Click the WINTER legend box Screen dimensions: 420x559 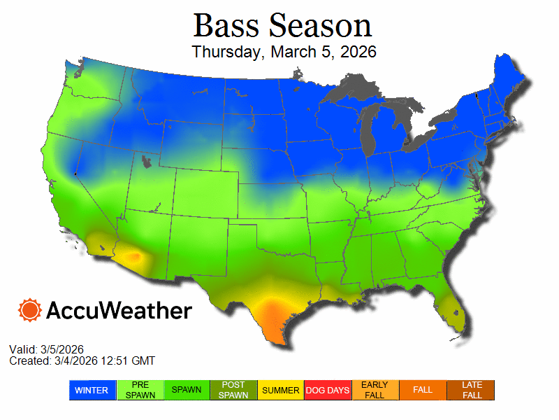coord(91,391)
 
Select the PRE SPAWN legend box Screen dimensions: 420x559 coord(140,391)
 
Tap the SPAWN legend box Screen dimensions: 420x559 coord(187,391)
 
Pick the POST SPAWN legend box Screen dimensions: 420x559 coord(234,391)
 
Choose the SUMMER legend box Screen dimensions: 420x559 coord(281,391)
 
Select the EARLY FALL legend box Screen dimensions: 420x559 coord(375,391)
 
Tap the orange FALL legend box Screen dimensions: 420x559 coord(423,391)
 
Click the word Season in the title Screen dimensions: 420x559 coord(320,27)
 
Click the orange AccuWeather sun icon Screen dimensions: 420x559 coord(30,310)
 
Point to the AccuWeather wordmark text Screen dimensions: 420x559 coord(119,311)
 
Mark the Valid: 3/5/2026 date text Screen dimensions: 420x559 coord(47,349)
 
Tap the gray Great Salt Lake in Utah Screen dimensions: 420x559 coord(147,162)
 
